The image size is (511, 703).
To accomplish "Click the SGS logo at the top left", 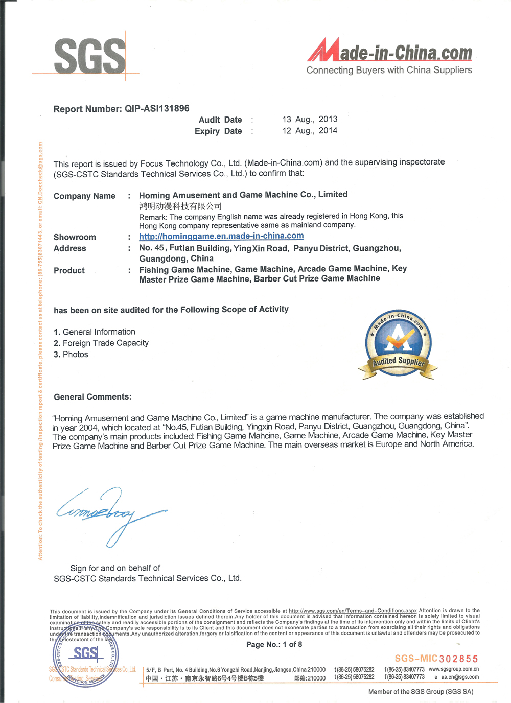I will coord(89,56).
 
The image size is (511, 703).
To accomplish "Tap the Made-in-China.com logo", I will coord(389,57).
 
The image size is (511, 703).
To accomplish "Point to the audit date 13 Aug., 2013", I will coord(310,119).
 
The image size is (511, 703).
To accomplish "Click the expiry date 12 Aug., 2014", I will coord(310,131).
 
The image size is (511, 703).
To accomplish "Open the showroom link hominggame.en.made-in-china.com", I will coord(221,236).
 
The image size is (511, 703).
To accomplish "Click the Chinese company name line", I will coord(180,206).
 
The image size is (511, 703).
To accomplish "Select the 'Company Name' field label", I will coord(84,196).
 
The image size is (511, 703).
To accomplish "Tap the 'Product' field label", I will coord(69,271).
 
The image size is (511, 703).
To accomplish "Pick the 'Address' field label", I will coord(70,249).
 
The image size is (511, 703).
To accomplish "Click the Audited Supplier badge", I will coord(399,345).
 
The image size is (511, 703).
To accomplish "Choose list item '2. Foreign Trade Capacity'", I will coord(101,343).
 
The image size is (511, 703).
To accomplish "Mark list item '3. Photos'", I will coord(71,355).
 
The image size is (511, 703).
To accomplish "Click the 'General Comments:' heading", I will coord(92,397).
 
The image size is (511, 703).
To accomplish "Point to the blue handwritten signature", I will coord(110,513).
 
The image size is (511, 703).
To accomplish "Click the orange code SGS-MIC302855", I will coord(436,659).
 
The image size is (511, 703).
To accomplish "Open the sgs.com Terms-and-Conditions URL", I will coord(353,611).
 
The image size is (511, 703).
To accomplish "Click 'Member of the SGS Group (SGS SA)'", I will coord(421,692).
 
